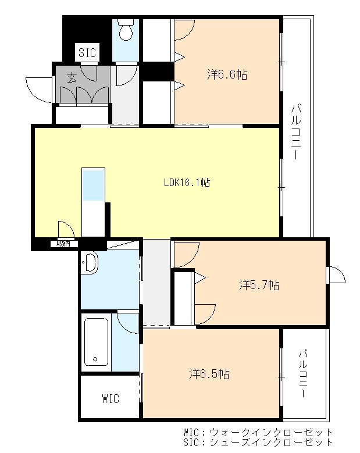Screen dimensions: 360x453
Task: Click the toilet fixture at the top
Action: point(126,30)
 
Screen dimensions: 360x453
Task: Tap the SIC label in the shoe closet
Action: point(87,52)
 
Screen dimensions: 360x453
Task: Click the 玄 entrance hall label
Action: point(72,77)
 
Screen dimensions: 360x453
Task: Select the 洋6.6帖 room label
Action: point(227,74)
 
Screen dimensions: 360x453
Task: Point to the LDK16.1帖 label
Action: point(187,182)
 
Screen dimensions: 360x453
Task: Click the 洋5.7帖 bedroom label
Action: point(259,285)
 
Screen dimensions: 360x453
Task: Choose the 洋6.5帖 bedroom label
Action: point(209,374)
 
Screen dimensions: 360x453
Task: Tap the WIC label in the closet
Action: point(111,399)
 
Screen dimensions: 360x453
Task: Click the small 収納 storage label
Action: point(63,244)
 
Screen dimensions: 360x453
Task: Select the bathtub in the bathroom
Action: point(96,341)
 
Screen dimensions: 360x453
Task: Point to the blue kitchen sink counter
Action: point(93,184)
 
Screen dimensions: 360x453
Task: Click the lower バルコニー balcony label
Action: point(304,373)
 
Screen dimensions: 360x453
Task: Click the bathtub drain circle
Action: point(95,359)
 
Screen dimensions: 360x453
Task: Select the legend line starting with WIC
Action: point(258,433)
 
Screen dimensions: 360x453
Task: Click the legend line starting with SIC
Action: point(258,443)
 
